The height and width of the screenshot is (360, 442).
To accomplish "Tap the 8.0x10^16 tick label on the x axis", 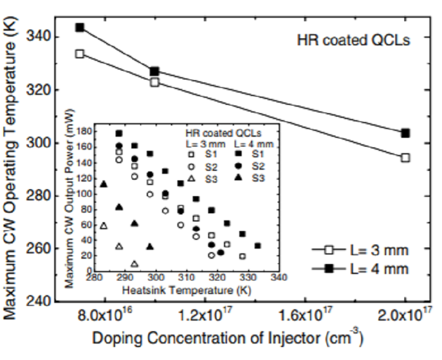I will (105, 316).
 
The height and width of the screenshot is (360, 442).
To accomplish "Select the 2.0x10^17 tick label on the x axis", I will (405, 316).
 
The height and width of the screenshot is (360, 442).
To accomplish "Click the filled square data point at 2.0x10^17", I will (405, 133).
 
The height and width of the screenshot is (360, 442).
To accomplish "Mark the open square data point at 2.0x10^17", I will (405, 157).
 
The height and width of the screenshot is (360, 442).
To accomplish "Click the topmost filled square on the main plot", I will (80, 28).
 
